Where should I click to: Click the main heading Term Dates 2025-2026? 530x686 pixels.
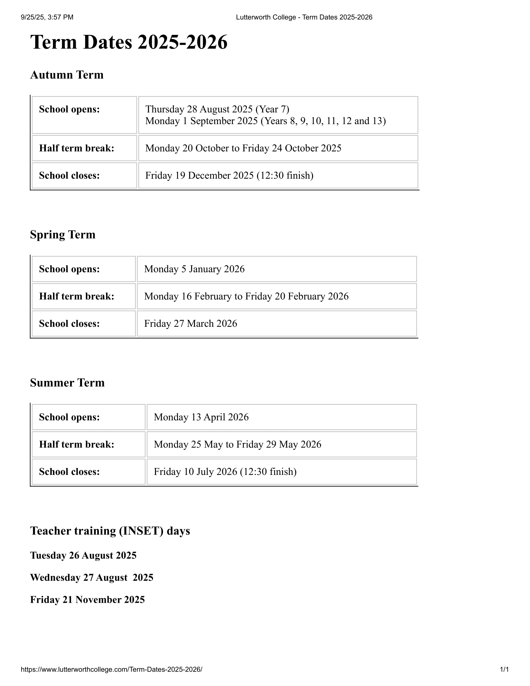coord(129,42)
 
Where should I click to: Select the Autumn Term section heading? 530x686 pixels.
coord(67,75)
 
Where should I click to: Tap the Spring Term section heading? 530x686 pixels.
coord(62,234)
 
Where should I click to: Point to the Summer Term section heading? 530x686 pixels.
coord(67,383)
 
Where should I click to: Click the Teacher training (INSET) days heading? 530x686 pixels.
coord(110,531)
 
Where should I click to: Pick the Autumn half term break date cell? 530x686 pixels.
coord(243,148)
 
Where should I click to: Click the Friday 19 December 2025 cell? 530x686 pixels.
coord(229,175)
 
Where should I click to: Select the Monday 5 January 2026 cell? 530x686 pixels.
coord(194,269)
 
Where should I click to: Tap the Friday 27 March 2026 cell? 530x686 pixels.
coord(190,324)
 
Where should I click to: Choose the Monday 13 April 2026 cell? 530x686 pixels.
coord(201,417)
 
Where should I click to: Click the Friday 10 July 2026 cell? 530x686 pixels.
coord(225,472)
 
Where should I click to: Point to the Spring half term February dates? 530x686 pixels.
coord(246,296)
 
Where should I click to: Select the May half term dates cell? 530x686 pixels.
coord(237,444)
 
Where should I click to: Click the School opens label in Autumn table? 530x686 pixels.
coord(69,109)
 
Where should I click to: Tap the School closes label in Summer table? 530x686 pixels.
coord(69,472)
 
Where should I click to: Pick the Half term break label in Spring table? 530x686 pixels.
coord(76,296)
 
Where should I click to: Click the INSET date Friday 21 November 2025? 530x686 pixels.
coord(87,600)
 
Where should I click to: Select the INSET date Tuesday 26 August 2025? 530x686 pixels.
coord(83,555)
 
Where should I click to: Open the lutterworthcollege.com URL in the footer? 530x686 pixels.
coord(112,669)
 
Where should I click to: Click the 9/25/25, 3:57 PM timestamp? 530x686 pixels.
coord(47,17)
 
